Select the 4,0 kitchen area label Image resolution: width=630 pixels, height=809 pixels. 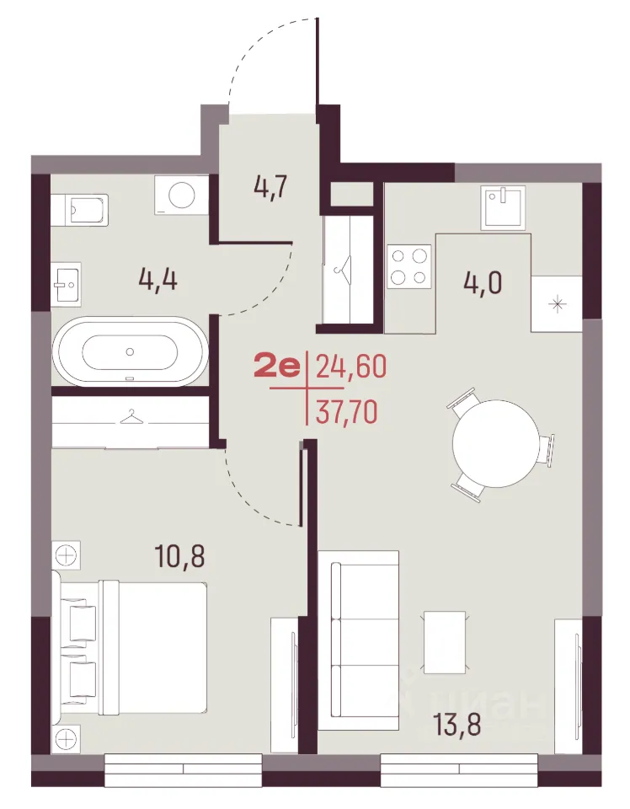coord(483,283)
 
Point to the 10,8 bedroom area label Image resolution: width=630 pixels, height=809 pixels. coord(179,555)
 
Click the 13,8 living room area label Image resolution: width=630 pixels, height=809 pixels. coord(456,723)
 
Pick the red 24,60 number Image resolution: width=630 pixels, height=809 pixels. coord(350,367)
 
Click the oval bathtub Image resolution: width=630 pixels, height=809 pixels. coord(131,351)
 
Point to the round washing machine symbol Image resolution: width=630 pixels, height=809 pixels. coord(175,195)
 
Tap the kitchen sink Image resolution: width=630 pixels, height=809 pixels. coord(505,207)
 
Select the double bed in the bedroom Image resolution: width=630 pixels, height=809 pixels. coord(134,649)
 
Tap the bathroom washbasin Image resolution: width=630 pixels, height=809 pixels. coord(66,284)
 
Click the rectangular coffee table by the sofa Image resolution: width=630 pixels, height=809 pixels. coord(445,642)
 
